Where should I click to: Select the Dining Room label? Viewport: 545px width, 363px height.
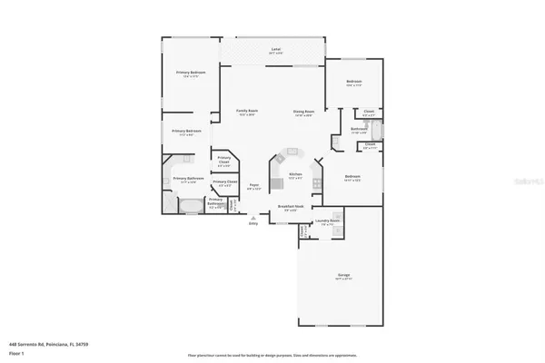tap(303, 113)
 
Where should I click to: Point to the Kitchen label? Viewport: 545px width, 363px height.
tap(294, 175)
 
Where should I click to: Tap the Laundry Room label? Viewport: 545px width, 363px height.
tap(328, 221)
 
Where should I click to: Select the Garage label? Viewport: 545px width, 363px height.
tap(345, 275)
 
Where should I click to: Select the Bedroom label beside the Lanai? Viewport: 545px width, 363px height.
tap(354, 83)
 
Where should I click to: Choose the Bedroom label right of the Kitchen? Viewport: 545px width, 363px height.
tap(353, 178)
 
